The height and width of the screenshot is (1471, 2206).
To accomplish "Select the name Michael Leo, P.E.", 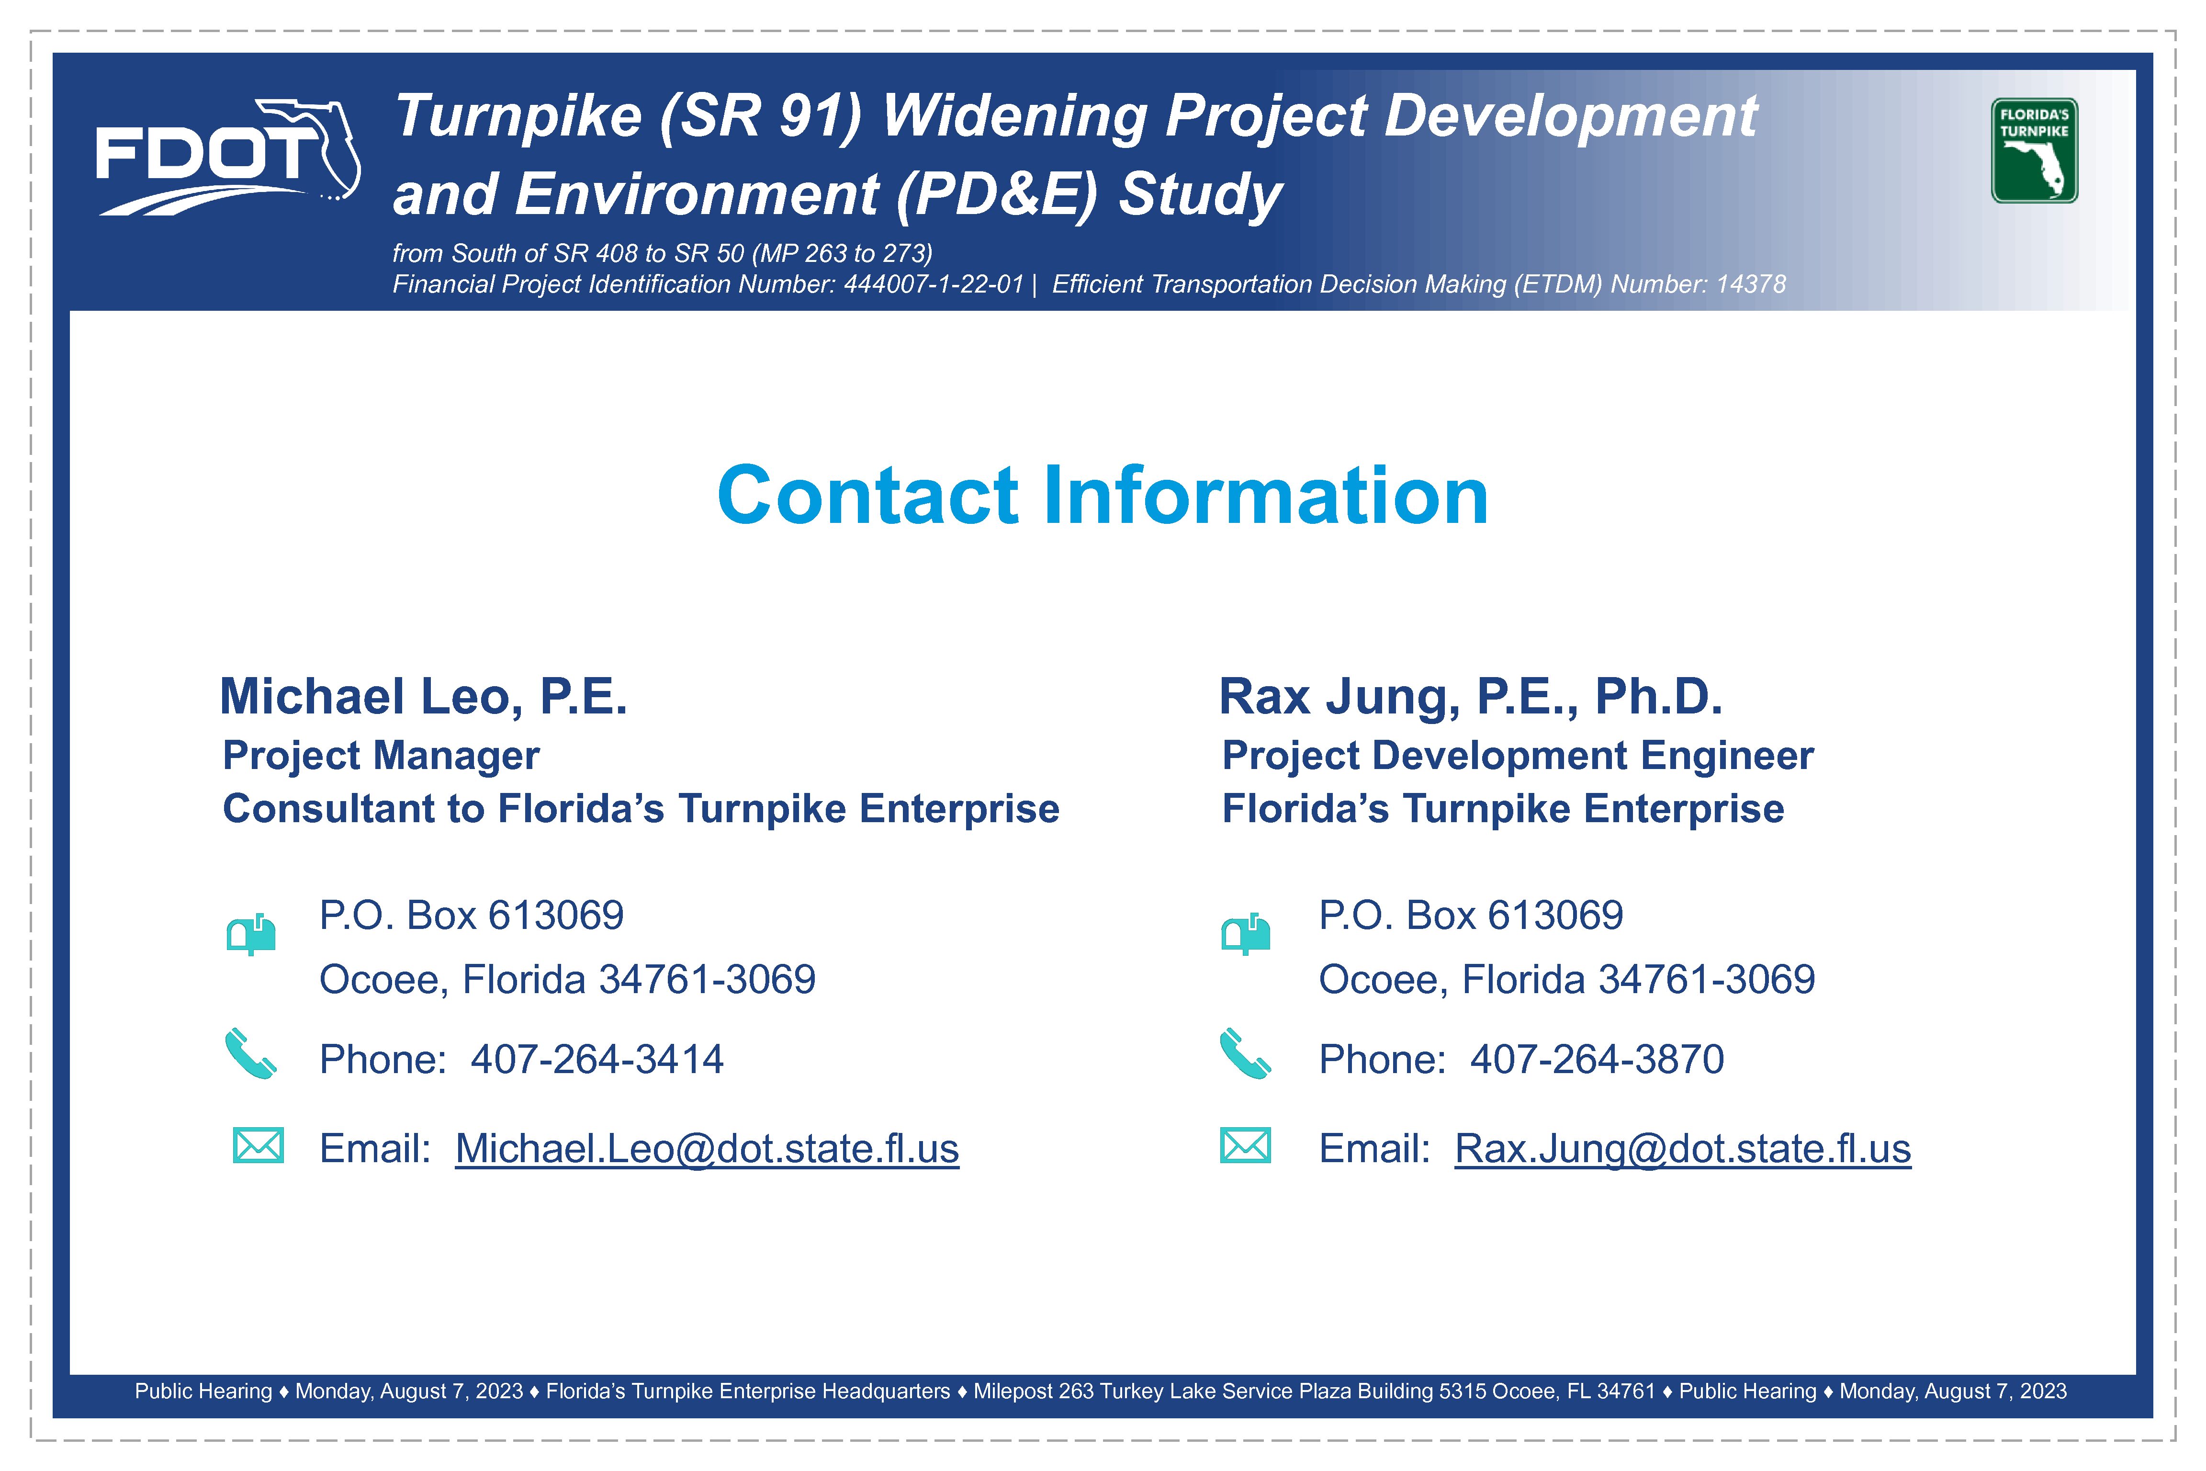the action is point(423,696).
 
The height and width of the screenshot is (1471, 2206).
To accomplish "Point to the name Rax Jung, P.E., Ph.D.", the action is point(1471,696).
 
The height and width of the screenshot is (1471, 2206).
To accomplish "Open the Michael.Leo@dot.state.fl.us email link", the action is point(707,1148).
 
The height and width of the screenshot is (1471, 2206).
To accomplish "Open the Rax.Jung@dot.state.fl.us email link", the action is point(1683,1148).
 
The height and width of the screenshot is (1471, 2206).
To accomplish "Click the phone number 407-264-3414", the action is point(597,1059).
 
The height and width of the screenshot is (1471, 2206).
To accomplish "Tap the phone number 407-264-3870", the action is point(1597,1059).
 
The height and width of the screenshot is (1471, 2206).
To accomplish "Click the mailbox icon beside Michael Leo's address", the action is point(251,934).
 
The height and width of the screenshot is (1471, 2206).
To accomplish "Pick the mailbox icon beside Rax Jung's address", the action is point(1246,934).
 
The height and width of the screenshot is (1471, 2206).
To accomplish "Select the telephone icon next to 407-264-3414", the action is point(250,1054).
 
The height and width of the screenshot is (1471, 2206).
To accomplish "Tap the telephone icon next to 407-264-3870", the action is point(1246,1054).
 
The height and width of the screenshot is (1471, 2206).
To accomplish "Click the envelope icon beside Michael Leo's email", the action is point(258,1145).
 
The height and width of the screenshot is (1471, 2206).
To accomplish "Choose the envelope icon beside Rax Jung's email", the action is point(1246,1145).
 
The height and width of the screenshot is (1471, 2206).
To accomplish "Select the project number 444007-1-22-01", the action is point(933,284).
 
